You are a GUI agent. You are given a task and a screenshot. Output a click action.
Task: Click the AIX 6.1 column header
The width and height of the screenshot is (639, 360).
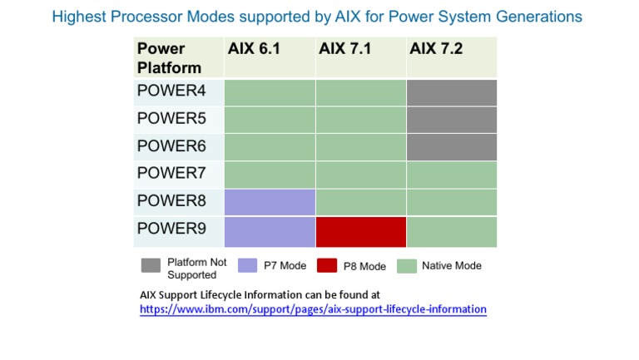click(x=254, y=49)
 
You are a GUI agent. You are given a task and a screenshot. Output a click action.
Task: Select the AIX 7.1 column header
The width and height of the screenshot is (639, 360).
click(x=344, y=49)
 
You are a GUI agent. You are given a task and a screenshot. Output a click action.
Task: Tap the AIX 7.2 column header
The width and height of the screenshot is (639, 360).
click(x=435, y=49)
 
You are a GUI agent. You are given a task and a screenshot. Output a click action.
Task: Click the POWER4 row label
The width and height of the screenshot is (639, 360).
click(x=171, y=91)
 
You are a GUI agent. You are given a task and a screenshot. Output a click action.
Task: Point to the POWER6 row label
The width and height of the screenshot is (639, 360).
click(x=171, y=145)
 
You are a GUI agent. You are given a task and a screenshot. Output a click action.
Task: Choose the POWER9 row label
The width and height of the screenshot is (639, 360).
click(x=171, y=229)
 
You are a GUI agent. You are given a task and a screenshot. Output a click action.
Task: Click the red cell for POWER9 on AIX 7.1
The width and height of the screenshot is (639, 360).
click(x=361, y=232)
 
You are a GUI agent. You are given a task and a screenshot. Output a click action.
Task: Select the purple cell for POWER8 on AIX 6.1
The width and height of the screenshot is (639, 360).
click(x=270, y=202)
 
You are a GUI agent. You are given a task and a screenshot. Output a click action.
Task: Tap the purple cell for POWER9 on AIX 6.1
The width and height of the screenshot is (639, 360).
click(x=270, y=232)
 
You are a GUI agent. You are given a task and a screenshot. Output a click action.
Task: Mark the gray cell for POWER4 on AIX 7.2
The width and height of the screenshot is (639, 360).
click(x=452, y=92)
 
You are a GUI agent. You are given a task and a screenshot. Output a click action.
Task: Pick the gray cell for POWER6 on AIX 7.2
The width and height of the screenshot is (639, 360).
click(x=452, y=146)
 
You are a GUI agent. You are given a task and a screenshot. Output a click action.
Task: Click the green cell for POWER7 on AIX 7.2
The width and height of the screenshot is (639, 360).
click(x=452, y=175)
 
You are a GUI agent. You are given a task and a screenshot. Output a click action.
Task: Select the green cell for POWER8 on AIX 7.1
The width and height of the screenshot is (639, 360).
click(x=361, y=202)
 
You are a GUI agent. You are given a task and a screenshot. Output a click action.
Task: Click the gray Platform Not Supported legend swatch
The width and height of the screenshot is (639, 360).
click(x=151, y=266)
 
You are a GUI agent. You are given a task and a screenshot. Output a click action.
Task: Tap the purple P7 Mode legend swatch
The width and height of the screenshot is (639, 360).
click(x=247, y=266)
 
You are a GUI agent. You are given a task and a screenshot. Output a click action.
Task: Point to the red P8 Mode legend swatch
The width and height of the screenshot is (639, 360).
click(x=327, y=266)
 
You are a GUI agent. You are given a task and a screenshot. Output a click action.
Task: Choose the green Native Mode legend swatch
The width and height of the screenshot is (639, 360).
click(x=407, y=266)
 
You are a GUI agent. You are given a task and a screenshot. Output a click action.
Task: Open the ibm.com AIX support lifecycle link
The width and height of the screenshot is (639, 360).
click(x=313, y=309)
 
